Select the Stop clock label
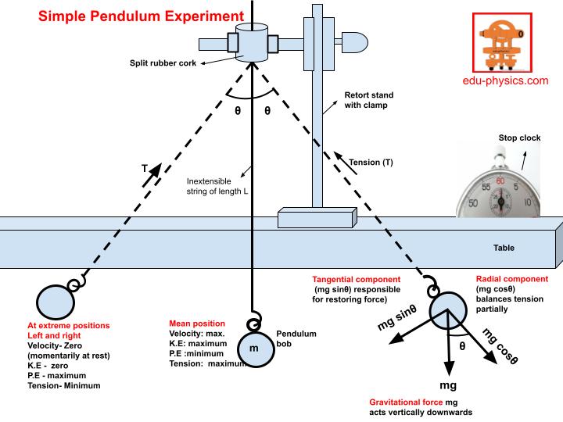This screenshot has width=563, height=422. pyautogui.click(x=519, y=138)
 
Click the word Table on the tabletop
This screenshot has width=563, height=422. pyautogui.click(x=504, y=249)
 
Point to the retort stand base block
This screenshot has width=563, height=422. pyautogui.click(x=317, y=216)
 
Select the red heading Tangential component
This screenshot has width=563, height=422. pyautogui.click(x=356, y=279)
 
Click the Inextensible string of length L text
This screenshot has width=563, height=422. pyautogui.click(x=217, y=185)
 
